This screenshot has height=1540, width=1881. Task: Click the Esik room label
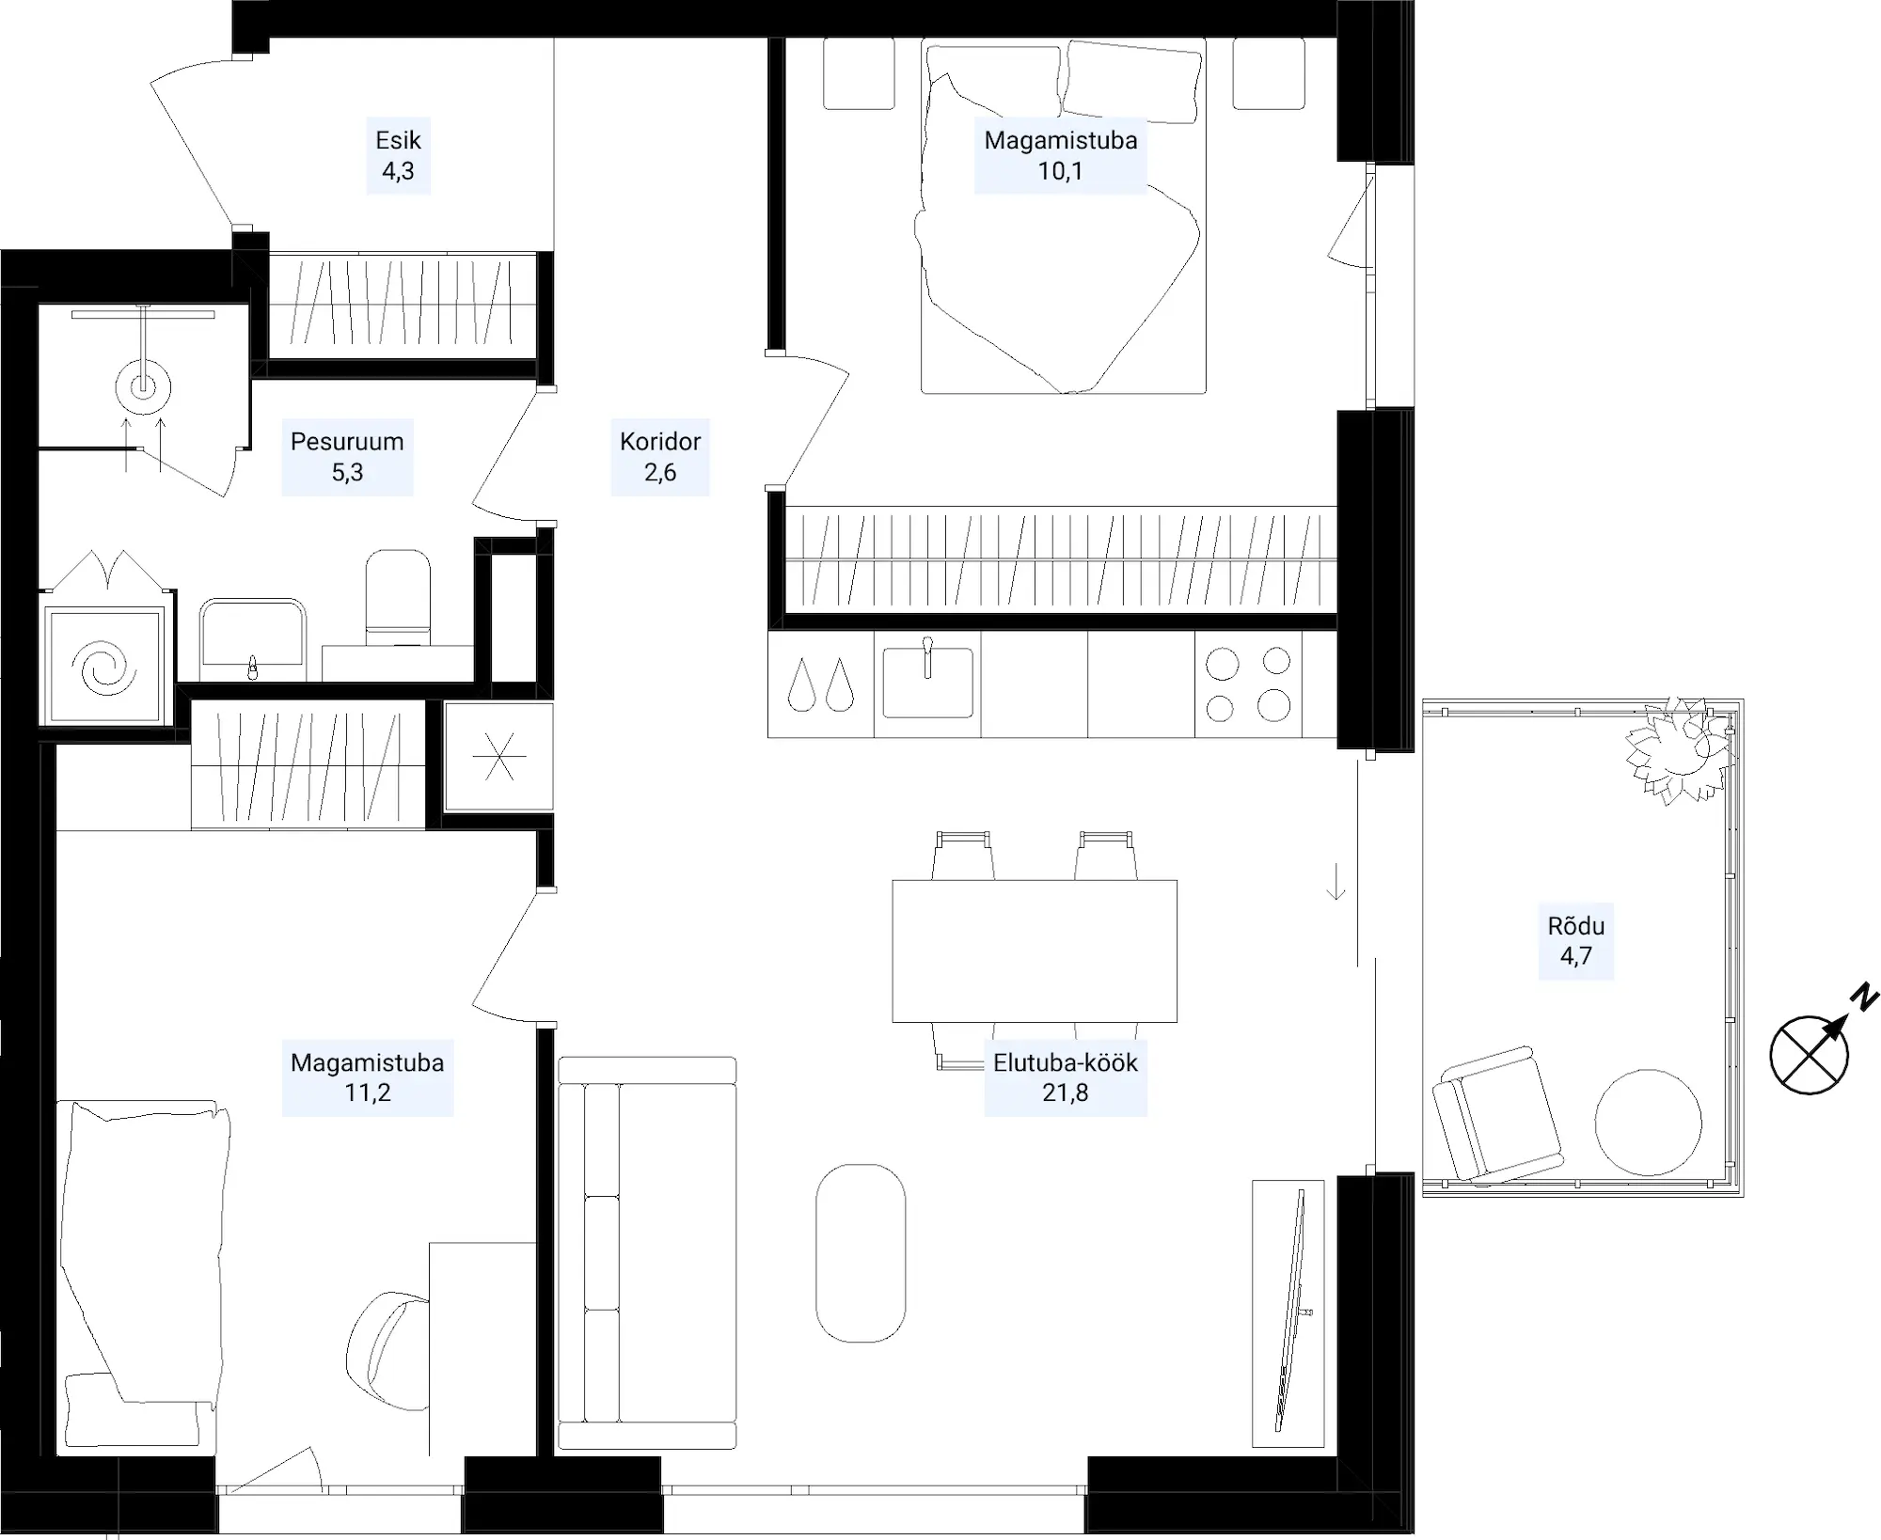pos(398,156)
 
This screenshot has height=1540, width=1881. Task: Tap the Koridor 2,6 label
pos(660,457)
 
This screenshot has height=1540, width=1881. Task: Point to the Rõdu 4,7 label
pos(1576,941)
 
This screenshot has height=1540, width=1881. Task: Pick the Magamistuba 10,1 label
pos(1061,156)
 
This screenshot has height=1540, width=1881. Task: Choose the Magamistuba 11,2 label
pos(368,1077)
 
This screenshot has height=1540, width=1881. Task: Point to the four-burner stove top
pos(1248,684)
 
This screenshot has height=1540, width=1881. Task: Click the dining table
pos(1035,951)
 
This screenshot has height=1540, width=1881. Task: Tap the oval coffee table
pos(861,1253)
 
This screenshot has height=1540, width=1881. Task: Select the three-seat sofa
pos(647,1252)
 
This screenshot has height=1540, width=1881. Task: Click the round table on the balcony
pos(1649,1123)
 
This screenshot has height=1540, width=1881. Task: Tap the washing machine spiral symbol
pos(104,666)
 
